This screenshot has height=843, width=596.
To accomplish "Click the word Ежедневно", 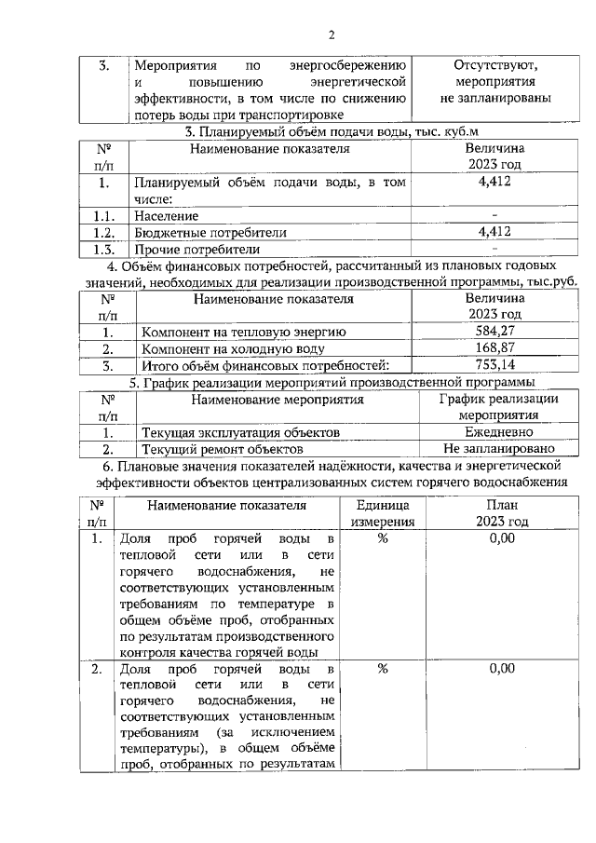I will click(498, 432).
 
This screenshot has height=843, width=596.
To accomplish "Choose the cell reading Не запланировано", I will click(498, 449).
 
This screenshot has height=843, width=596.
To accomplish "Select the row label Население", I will click(166, 216).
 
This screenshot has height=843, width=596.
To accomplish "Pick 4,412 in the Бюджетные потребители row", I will click(494, 232).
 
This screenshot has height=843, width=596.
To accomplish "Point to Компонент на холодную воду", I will click(233, 348).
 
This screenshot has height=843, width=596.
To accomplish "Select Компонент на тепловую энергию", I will click(243, 332).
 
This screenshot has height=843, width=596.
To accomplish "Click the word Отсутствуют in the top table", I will click(495, 66).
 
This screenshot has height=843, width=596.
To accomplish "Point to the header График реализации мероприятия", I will click(498, 407).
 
